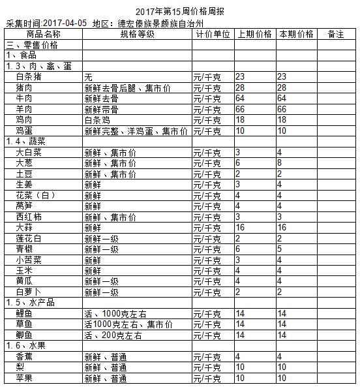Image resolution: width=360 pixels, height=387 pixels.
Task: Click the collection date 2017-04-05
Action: (x=65, y=23)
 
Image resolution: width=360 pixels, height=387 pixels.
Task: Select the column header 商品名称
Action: (x=44, y=34)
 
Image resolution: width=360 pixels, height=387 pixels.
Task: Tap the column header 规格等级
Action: (x=137, y=34)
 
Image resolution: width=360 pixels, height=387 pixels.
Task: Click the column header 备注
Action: (x=337, y=34)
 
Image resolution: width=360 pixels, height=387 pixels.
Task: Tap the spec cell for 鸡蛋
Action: (x=136, y=131)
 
